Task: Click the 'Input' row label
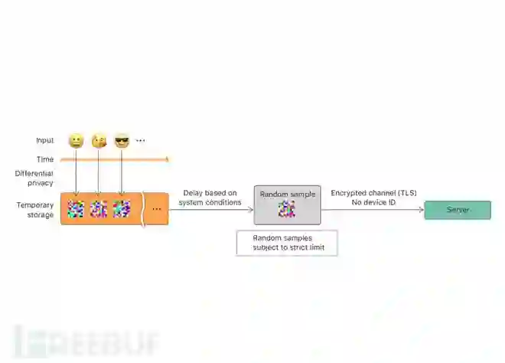(x=45, y=141)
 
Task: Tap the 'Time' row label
(x=45, y=159)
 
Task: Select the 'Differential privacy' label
(x=34, y=178)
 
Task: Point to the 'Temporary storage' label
(x=35, y=210)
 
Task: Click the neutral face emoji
(x=76, y=141)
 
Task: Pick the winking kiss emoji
(x=99, y=141)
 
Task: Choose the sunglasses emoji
(x=122, y=141)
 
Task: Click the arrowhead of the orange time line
(x=166, y=159)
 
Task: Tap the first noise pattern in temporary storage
(x=76, y=208)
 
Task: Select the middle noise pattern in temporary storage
(x=99, y=208)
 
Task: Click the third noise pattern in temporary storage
(x=122, y=208)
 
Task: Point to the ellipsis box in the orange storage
(x=157, y=208)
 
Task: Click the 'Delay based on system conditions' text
(x=210, y=198)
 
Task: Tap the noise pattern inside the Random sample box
(x=286, y=209)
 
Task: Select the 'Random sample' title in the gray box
(x=286, y=195)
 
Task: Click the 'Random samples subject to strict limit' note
(x=287, y=243)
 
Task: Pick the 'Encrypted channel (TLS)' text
(x=373, y=193)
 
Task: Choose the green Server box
(x=458, y=210)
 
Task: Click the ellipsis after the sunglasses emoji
(x=141, y=141)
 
